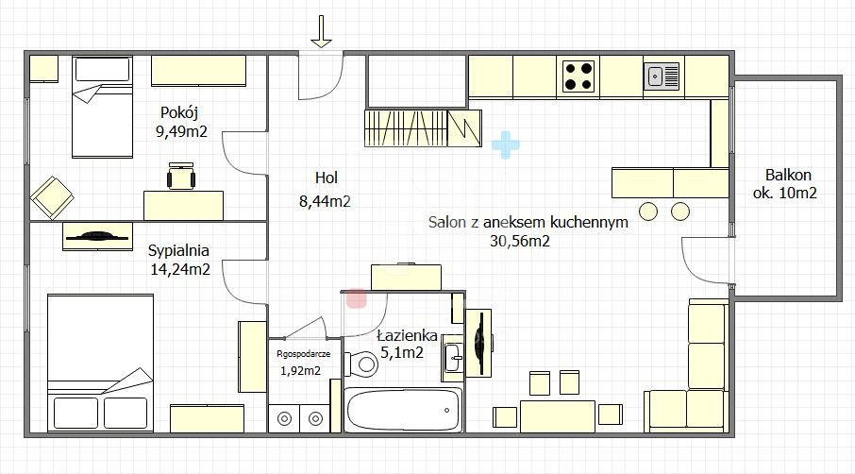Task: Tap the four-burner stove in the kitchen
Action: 579,76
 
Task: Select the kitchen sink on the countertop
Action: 662,76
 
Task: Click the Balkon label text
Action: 788,175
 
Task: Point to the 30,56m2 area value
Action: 520,241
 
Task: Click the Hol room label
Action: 327,177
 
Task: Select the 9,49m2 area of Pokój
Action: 181,131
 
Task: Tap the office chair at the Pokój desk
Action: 181,175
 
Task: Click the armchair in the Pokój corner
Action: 52,197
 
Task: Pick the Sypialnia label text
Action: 178,250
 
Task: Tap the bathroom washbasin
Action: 454,353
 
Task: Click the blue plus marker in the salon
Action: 506,144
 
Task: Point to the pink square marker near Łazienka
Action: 357,298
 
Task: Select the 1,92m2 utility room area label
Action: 300,370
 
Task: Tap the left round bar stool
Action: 648,209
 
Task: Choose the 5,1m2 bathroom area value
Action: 401,353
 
